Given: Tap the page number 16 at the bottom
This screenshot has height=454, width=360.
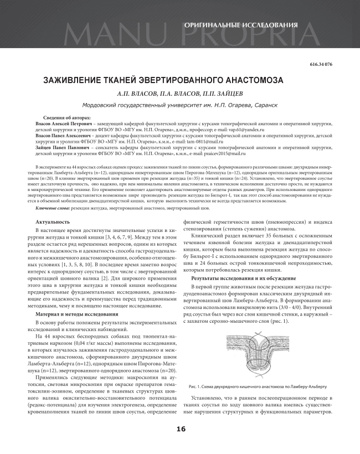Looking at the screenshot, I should point(180,429).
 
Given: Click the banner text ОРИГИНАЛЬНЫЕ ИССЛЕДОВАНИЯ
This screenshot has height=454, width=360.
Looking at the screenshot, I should point(240,25).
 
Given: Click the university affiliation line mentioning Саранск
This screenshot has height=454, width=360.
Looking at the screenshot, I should point(179,105).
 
